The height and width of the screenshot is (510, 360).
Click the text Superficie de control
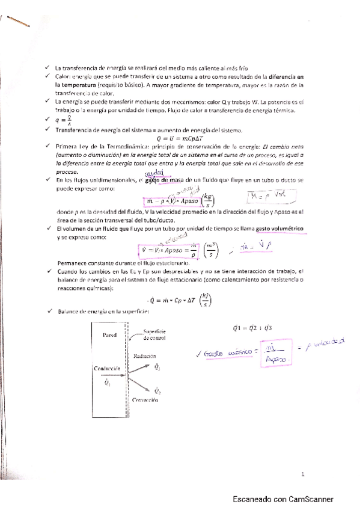156,334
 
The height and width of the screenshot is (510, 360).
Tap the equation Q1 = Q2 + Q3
240,328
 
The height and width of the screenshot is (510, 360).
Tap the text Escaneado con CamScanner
284,499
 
